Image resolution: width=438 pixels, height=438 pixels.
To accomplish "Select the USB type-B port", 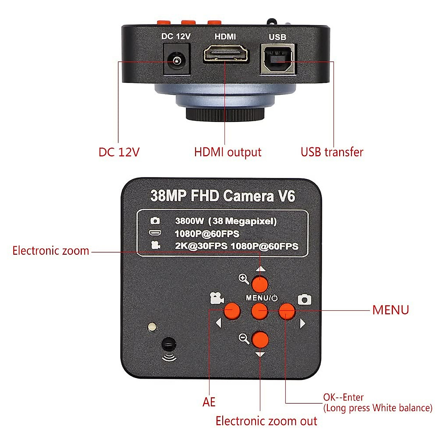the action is coord(278,59).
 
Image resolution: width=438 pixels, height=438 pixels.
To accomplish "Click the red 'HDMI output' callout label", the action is coord(228,152).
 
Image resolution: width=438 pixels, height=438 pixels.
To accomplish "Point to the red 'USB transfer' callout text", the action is coord(332,152).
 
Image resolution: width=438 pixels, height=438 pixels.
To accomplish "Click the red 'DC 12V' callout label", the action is coord(119,152).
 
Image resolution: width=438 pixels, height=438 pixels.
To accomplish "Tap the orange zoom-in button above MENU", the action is coord(260,284).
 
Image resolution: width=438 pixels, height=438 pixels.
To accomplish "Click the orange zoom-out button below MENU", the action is coord(260,339).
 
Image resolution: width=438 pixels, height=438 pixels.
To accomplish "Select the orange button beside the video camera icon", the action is coord(232,311).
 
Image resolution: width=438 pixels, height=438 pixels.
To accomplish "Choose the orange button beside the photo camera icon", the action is coord(288,311).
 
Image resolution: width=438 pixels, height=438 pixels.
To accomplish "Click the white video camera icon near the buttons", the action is coord(217,299).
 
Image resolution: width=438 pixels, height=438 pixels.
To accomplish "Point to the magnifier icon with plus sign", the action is coord(244,280).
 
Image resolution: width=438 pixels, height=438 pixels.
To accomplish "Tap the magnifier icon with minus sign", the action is coord(244,339).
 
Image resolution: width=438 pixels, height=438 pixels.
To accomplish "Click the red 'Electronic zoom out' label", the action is coord(266,421).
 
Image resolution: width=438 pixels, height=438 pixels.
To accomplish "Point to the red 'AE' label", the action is coord(209,402).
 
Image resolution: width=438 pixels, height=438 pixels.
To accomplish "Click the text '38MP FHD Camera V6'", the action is coord(222,196).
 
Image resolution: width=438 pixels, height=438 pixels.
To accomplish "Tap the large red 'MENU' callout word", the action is coord(390,310).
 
